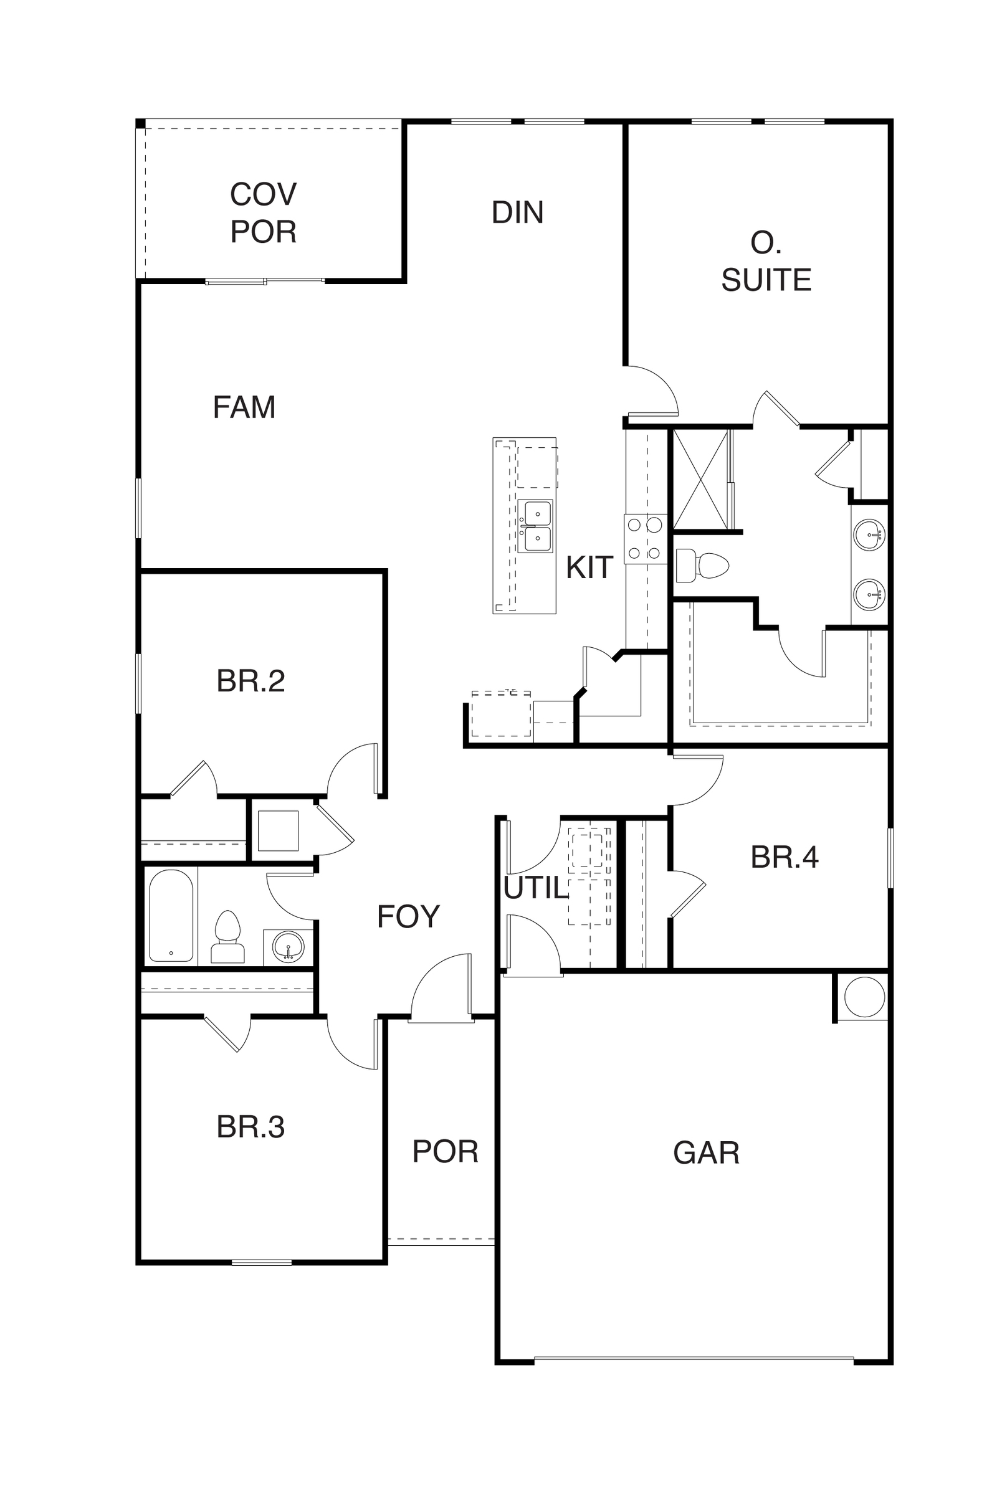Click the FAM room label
[244, 407]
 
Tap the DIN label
[518, 212]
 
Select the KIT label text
[589, 567]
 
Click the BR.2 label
[250, 681]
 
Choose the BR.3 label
[250, 1127]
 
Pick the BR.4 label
[785, 857]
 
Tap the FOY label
[408, 916]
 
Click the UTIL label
[535, 888]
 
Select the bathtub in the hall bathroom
[171, 915]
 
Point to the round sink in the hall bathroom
[288, 946]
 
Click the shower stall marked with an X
[700, 479]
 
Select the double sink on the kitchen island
[535, 526]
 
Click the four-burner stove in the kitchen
[646, 539]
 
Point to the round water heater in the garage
[864, 998]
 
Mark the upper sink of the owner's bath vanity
[869, 535]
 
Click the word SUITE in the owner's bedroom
[766, 280]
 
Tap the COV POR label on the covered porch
[263, 213]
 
